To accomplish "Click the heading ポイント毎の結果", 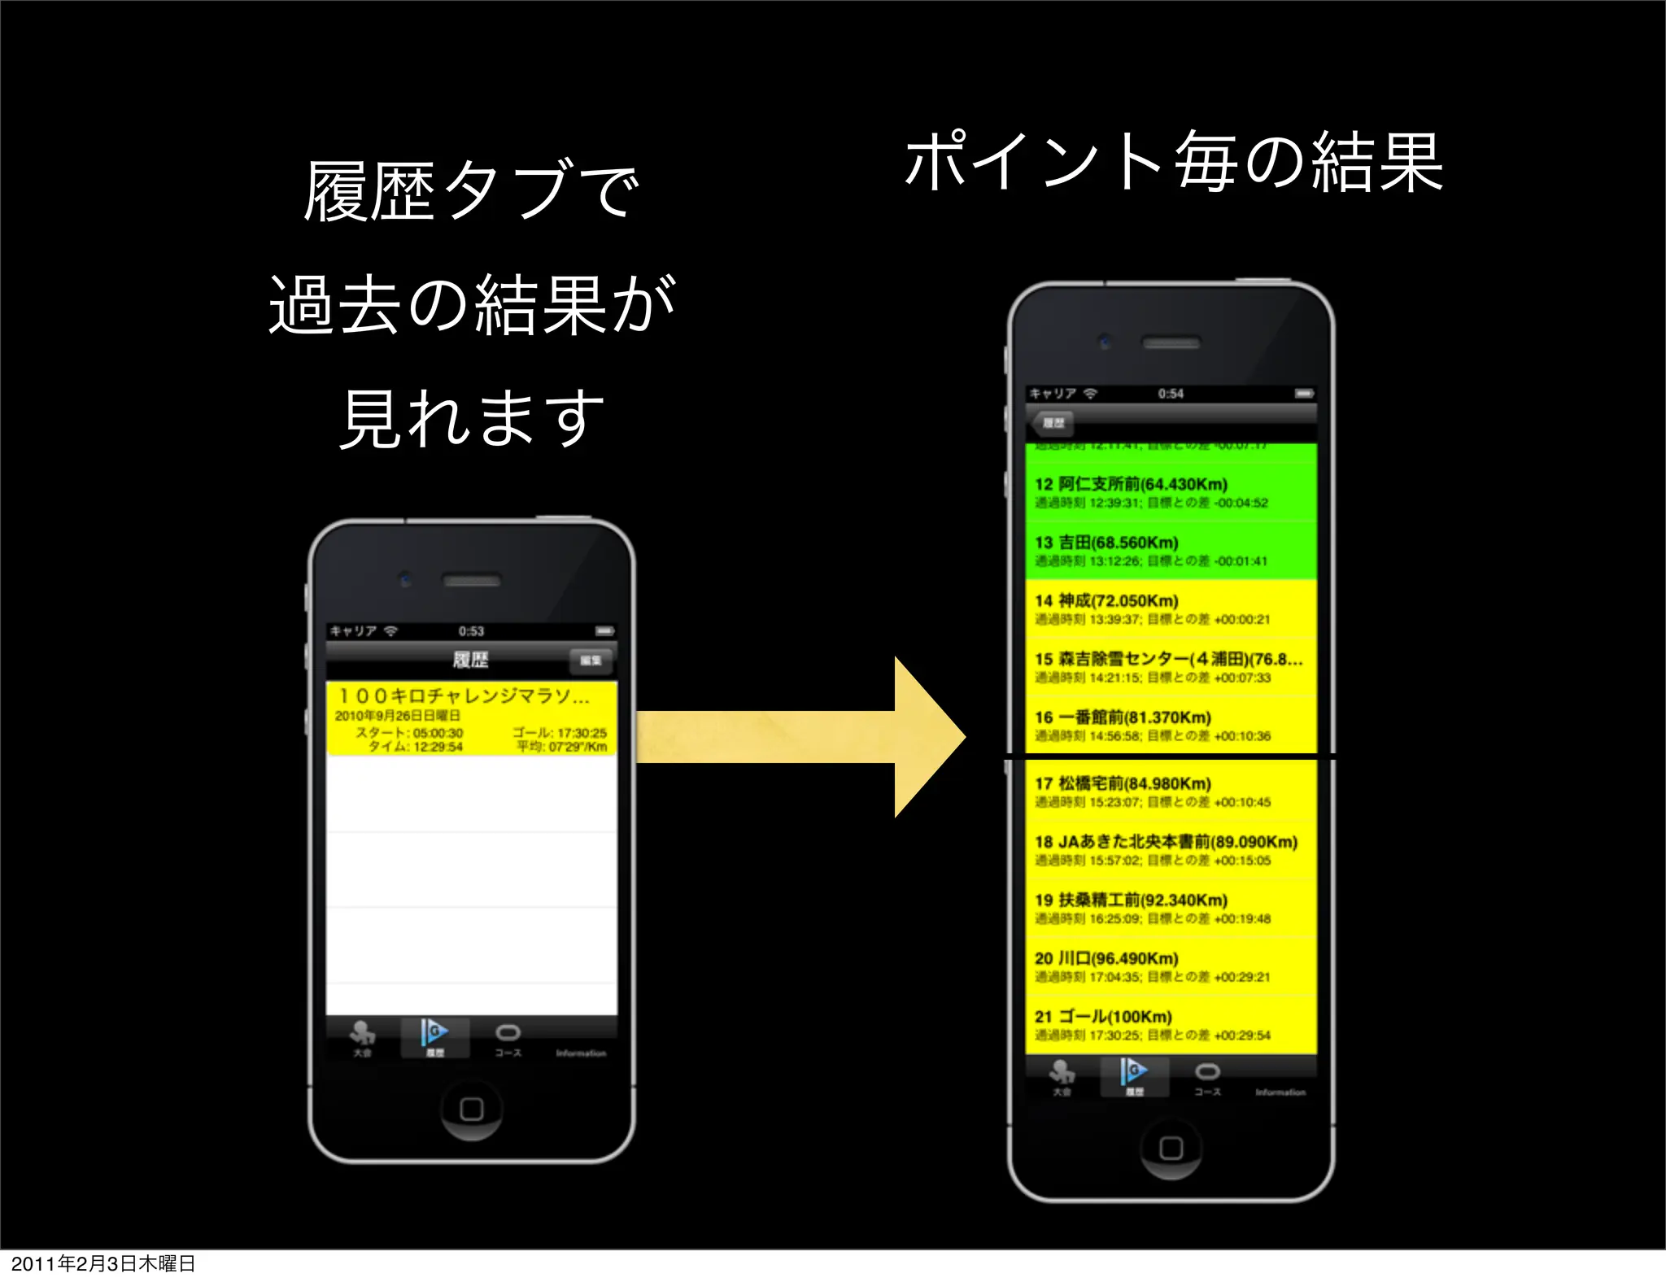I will click(x=1173, y=163).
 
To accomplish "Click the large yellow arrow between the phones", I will click(x=801, y=736).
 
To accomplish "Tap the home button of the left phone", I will click(x=471, y=1109).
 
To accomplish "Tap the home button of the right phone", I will click(x=1171, y=1148).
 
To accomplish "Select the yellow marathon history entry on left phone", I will click(x=471, y=719).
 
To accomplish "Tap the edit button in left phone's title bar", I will click(x=591, y=660).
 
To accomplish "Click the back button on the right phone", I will click(x=1052, y=423).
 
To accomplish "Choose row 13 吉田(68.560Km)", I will click(x=1171, y=551).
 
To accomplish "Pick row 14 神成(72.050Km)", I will click(x=1171, y=609).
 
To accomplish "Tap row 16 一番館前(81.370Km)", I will click(x=1171, y=726).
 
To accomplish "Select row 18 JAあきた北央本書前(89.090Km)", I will click(x=1171, y=850).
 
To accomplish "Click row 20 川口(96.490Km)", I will click(x=1171, y=966).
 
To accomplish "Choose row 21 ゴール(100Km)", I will click(x=1171, y=1025).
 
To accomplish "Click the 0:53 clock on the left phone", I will click(x=471, y=631).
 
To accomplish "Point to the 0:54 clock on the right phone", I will click(x=1171, y=394).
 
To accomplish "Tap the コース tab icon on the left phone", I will click(x=508, y=1037).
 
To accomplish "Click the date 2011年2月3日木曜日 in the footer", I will click(x=103, y=1263).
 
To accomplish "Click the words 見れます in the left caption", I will click(x=471, y=419).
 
